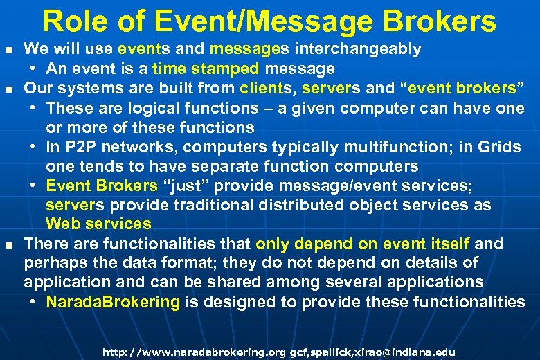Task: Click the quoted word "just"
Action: [185, 186]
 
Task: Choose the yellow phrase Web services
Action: [98, 224]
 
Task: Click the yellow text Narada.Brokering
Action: [113, 302]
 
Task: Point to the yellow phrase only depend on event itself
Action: [363, 244]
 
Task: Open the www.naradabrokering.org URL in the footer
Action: [193, 352]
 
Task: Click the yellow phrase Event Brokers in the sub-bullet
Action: [102, 186]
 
